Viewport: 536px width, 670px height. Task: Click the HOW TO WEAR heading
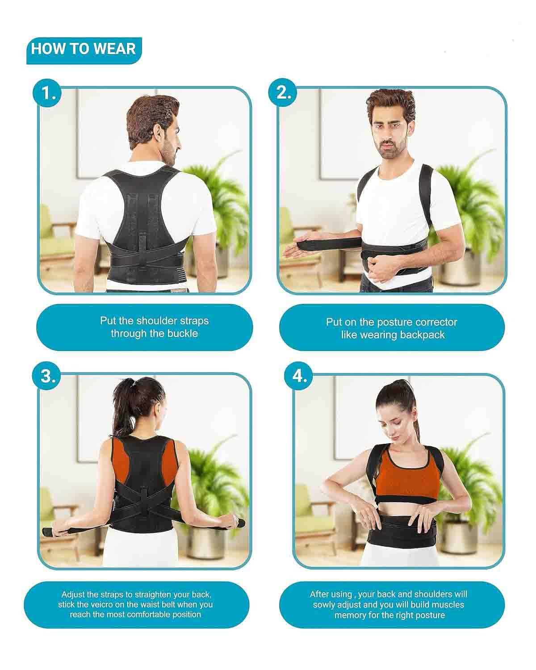click(x=84, y=49)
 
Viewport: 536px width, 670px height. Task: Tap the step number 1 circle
click(x=49, y=93)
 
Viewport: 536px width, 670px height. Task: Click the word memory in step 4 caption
click(x=350, y=615)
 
